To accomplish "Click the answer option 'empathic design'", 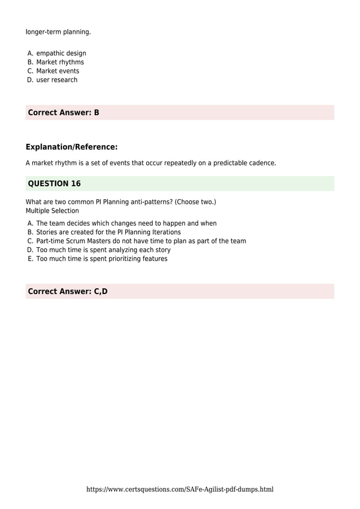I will coord(61,54).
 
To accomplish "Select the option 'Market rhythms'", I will coord(60,62).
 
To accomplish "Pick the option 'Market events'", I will coord(58,71).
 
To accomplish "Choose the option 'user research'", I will coord(56,80).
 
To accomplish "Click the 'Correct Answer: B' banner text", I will coord(63,112).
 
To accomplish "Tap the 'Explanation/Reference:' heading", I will coord(71,147).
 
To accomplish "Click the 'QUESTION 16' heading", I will coord(54,183).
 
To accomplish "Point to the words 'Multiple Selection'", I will coord(52,211).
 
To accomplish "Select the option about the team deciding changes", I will coord(126,223).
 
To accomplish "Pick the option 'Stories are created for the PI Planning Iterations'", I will coord(108,232).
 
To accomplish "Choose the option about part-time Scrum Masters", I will coord(141,241).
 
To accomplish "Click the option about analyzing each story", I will coord(103,250).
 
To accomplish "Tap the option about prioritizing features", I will coord(102,259).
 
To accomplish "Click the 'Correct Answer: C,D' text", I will coord(67,291).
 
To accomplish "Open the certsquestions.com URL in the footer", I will coord(179,489).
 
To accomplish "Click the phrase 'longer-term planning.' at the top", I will coord(58,32).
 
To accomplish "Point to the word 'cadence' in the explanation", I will coord(261,163).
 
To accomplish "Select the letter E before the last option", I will coord(30,259).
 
